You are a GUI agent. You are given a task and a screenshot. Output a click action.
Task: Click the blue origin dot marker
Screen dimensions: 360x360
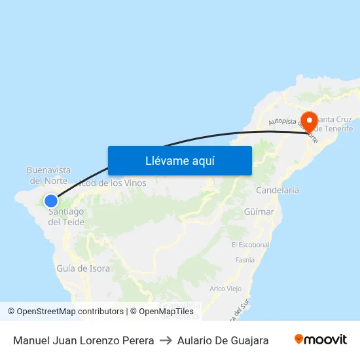tap(51, 201)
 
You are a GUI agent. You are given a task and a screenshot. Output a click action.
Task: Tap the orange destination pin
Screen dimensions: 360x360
tap(308, 121)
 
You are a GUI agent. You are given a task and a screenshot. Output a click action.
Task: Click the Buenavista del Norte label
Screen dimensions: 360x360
tap(48, 175)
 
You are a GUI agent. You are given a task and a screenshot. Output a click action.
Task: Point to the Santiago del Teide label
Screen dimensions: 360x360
tap(66, 217)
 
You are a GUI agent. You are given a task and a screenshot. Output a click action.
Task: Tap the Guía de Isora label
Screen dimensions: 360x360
tap(83, 268)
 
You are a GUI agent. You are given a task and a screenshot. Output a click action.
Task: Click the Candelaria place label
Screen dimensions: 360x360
tap(278, 190)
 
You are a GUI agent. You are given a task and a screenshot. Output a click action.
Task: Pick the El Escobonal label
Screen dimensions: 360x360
tap(250, 245)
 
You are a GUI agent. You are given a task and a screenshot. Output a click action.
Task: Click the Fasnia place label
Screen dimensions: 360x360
tap(244, 260)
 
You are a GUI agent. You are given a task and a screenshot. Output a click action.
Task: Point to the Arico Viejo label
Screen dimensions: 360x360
tap(225, 289)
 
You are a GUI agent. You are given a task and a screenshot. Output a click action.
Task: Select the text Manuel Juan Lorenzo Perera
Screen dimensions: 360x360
tap(83, 340)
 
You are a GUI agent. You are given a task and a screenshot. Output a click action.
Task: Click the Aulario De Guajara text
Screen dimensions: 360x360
tap(223, 340)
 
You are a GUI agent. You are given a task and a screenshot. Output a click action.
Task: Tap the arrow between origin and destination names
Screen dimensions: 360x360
tap(166, 340)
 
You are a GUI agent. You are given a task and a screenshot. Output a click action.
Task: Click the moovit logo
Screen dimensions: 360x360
tap(321, 340)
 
